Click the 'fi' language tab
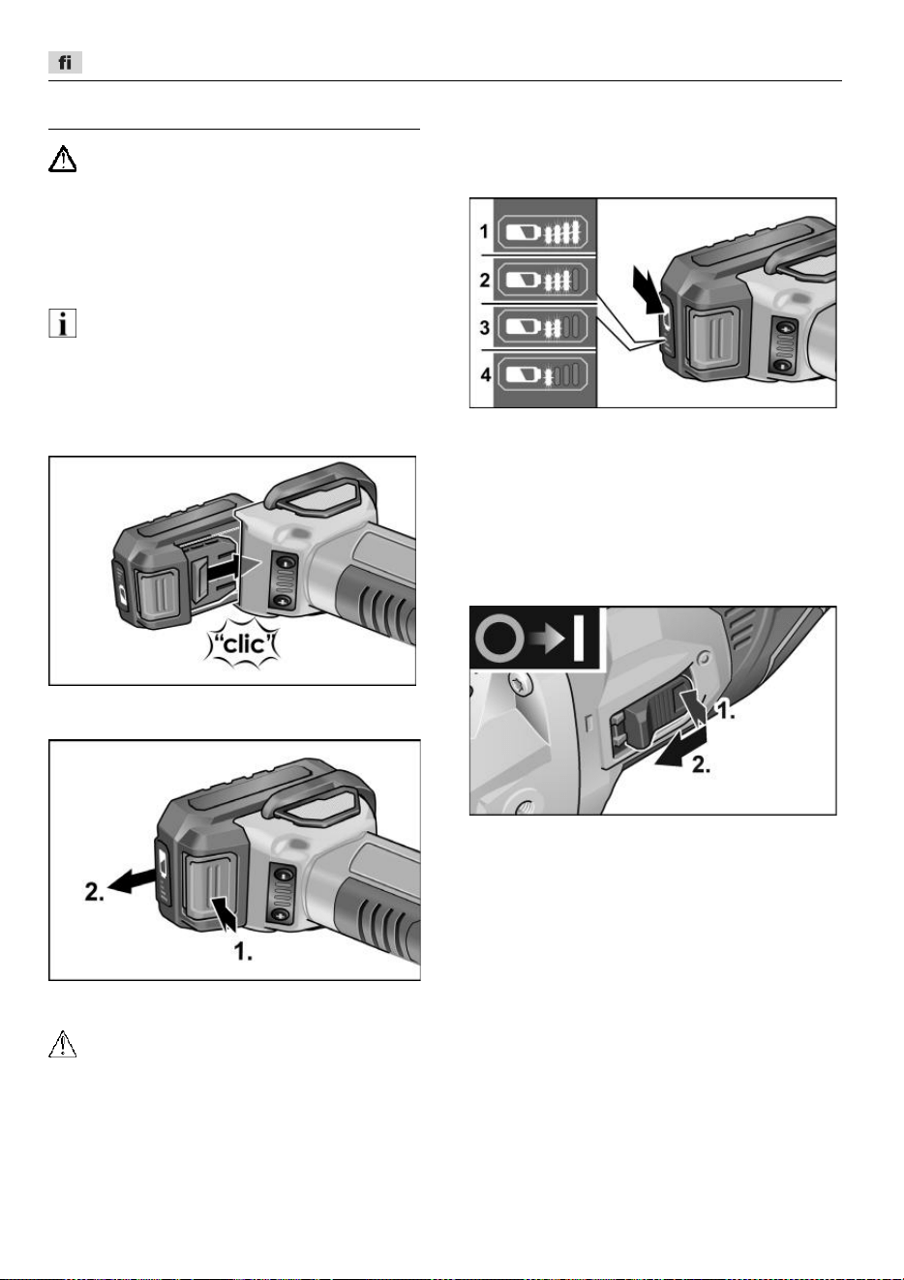(65, 62)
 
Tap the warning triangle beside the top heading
(62, 159)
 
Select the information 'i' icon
(62, 323)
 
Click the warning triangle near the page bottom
(62, 1044)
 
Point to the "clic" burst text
(242, 644)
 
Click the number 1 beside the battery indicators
(484, 231)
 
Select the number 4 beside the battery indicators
(486, 374)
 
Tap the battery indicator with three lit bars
(540, 280)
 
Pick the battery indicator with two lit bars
(540, 327)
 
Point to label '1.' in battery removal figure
(243, 951)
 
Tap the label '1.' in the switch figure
(726, 711)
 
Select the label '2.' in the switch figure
(702, 764)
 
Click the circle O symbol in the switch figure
(499, 638)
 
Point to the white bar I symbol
(579, 638)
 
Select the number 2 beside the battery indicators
(485, 280)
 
